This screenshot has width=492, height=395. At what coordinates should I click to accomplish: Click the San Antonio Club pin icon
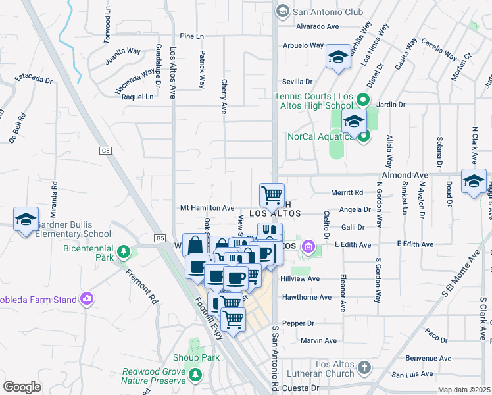(x=282, y=11)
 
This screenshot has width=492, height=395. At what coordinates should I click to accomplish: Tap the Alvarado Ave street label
(x=316, y=26)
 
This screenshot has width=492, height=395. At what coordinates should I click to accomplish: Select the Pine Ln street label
(x=191, y=36)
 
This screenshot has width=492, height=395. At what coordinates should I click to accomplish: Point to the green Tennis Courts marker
(x=362, y=101)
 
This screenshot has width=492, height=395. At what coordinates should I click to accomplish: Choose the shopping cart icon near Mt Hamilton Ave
(x=272, y=195)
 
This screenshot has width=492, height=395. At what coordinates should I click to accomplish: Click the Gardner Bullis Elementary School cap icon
(x=26, y=219)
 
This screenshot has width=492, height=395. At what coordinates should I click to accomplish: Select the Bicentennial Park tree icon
(x=122, y=251)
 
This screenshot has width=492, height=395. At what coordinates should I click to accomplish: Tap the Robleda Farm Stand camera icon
(x=86, y=300)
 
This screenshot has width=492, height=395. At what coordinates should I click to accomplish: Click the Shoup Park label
(x=195, y=357)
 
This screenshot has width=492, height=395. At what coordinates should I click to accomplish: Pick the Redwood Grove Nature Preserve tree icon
(x=195, y=375)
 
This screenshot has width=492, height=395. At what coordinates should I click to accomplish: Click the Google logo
(x=22, y=386)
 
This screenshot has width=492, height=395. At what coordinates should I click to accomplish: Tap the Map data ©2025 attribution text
(x=464, y=390)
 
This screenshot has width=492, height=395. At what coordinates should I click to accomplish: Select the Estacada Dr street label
(x=34, y=78)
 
